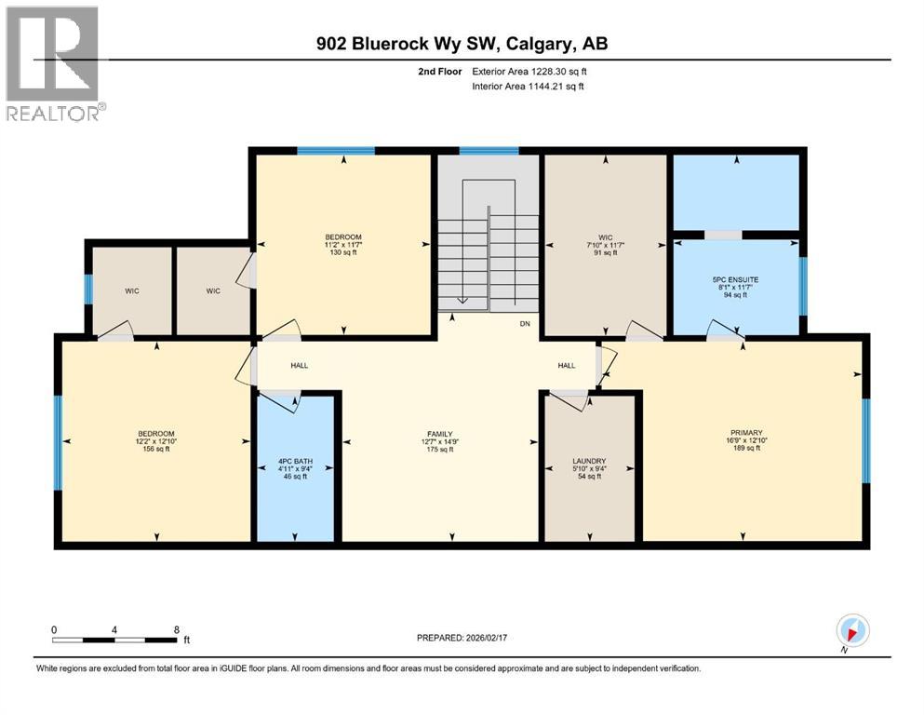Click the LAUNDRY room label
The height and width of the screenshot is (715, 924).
point(590,461)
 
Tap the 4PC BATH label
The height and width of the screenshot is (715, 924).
point(294,461)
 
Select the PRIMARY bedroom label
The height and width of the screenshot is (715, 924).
point(745,433)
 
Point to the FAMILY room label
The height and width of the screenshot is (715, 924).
point(439,435)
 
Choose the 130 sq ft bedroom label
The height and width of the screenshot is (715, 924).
point(343,236)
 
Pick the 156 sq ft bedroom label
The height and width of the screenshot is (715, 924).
point(156,434)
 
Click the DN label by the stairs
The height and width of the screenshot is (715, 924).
point(524,325)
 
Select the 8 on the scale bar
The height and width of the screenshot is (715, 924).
point(176,629)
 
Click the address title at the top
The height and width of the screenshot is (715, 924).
point(462,44)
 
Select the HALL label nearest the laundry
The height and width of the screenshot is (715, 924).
point(567,366)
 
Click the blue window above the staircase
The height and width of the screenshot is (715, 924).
point(489,150)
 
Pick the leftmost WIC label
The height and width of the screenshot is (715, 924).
point(132,291)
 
